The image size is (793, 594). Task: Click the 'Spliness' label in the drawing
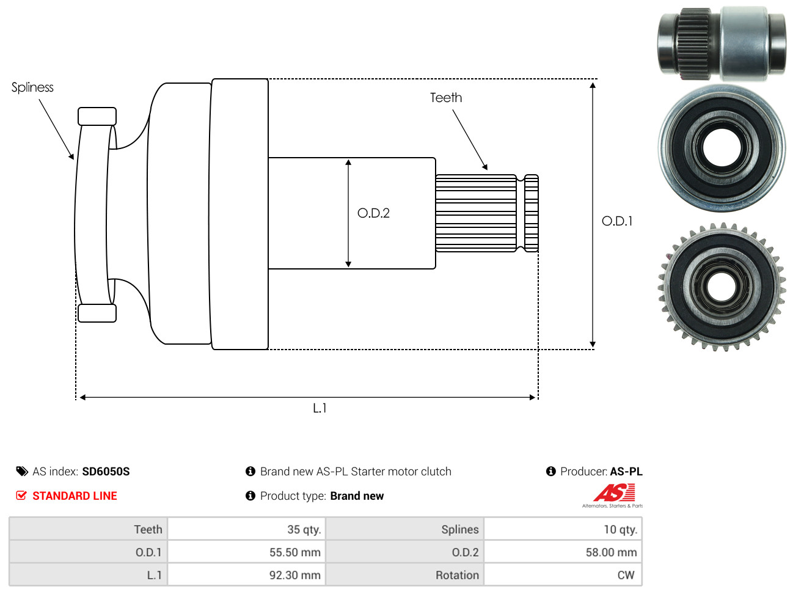tap(32, 87)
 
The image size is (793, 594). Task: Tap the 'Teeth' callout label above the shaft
tap(445, 98)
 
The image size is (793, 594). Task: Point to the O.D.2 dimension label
tap(373, 213)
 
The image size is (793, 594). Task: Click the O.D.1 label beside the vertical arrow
tap(616, 221)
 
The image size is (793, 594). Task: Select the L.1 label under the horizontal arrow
tap(320, 408)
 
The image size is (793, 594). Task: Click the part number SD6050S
tap(106, 472)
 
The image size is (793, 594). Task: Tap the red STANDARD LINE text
tap(75, 496)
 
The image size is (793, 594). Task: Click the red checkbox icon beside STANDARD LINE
tap(21, 496)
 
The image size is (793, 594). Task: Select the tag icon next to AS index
tap(21, 472)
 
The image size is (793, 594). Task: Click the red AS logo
tap(614, 493)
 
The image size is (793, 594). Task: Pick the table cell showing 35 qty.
tap(246, 529)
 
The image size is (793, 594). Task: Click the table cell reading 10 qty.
tap(563, 529)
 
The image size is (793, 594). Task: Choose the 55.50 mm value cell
tap(246, 552)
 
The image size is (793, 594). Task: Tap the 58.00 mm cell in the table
tap(563, 552)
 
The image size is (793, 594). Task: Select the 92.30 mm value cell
tap(246, 575)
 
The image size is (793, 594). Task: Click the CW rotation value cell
tap(563, 575)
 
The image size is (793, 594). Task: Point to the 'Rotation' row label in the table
tap(457, 575)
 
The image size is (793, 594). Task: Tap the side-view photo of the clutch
tap(722, 43)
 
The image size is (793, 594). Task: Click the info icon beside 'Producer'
tap(550, 471)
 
